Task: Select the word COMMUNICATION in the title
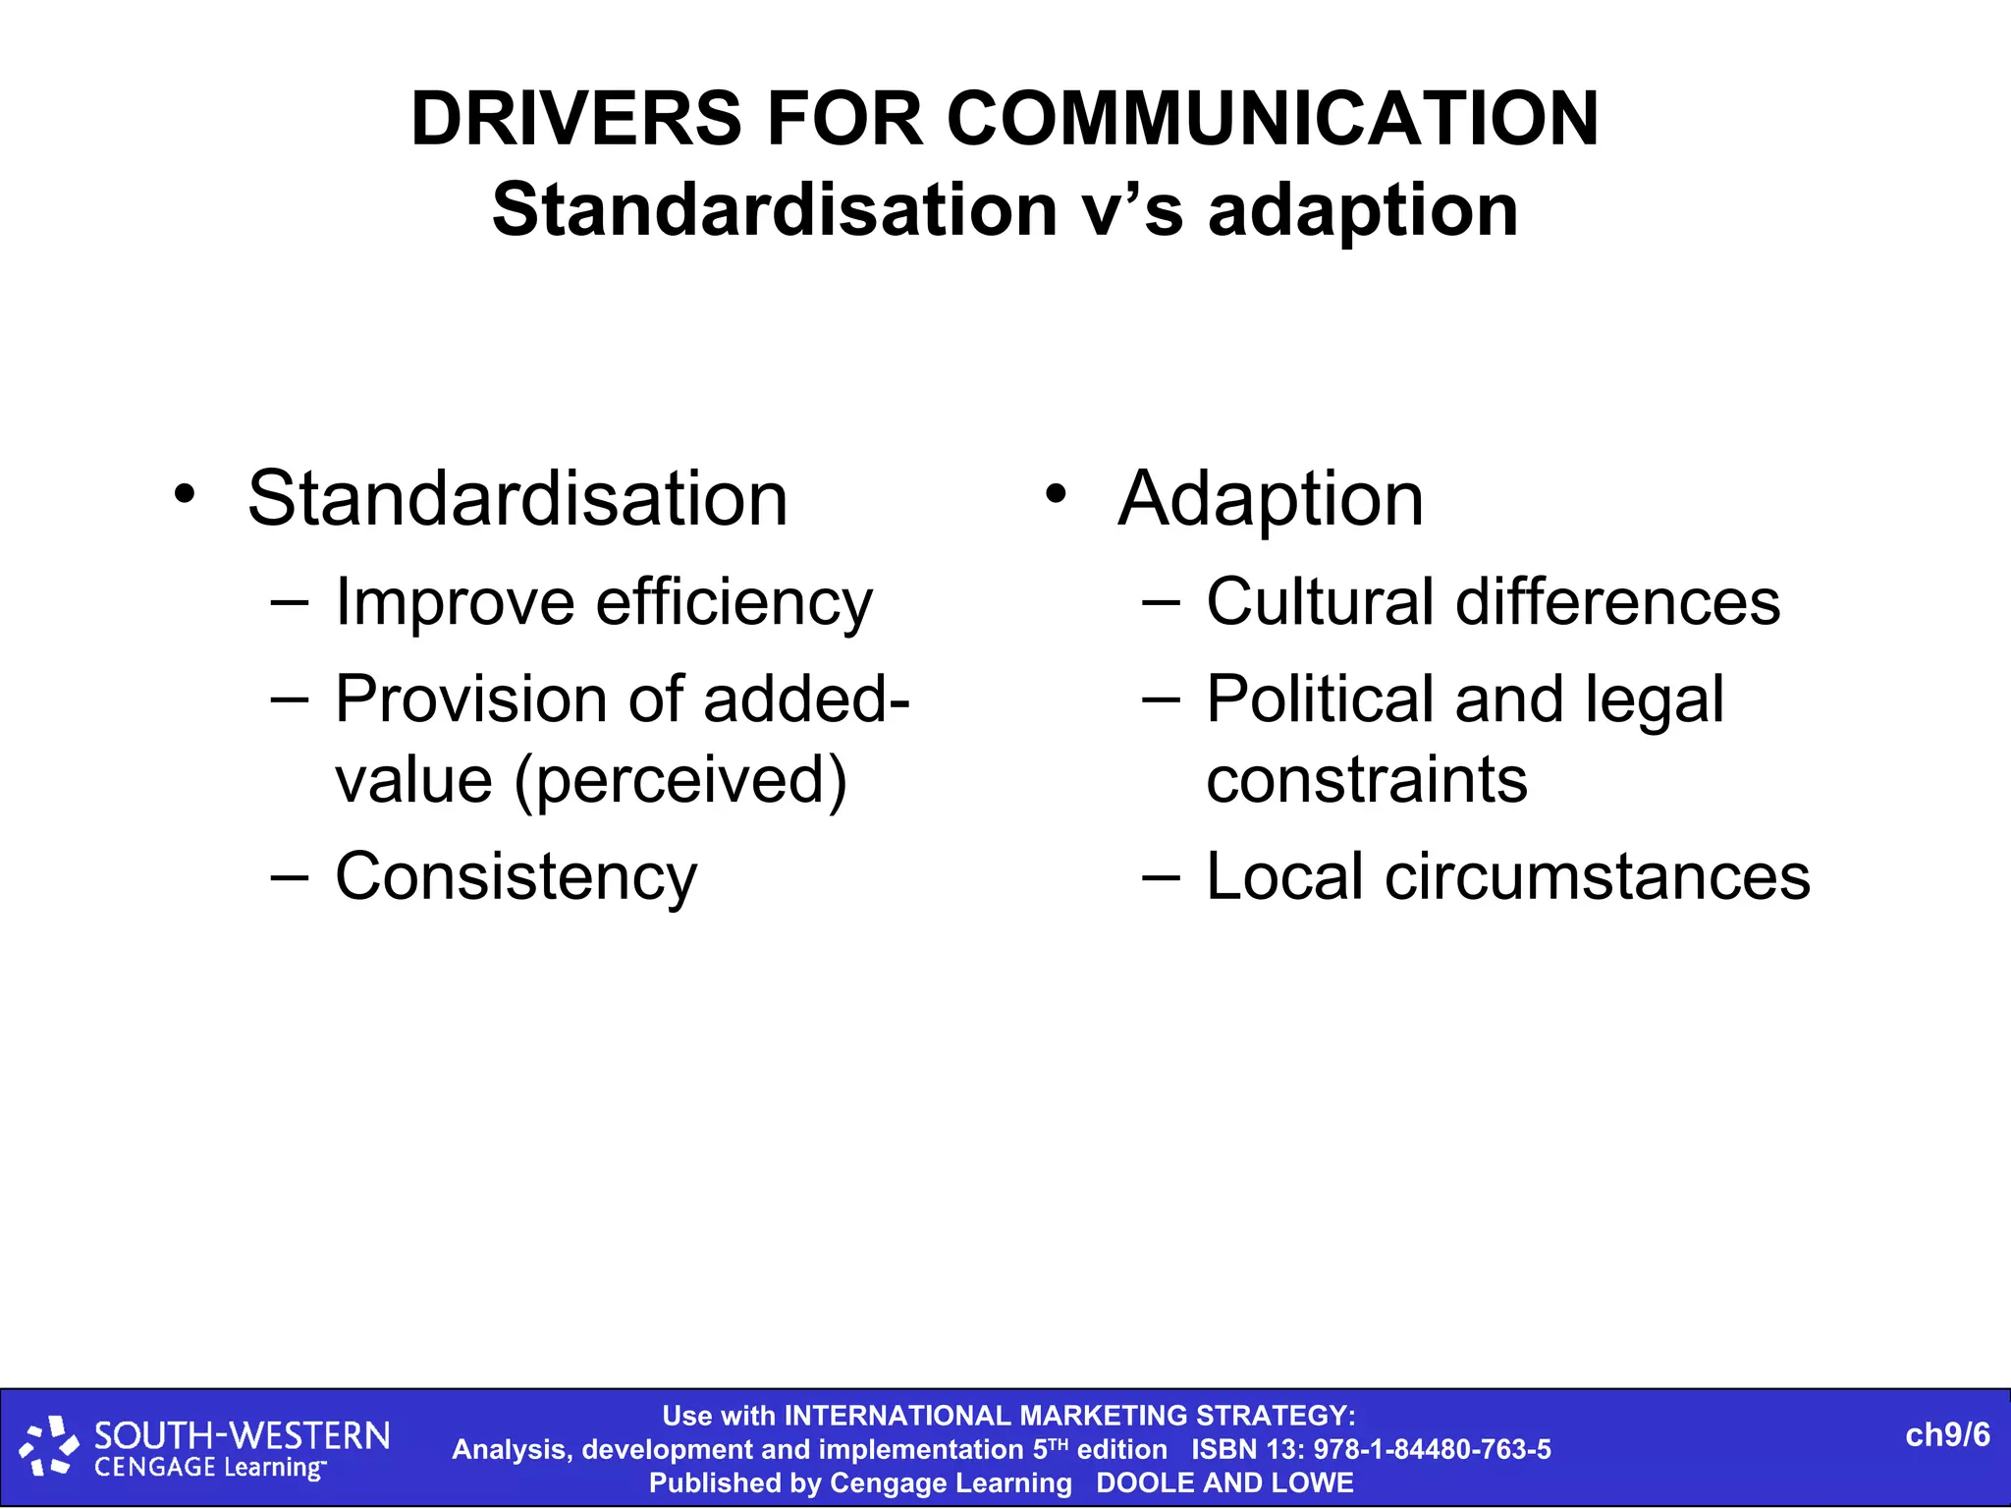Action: (1273, 119)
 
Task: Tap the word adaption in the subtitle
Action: (1362, 211)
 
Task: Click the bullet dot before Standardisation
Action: (185, 493)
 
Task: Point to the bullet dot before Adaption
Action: (1056, 493)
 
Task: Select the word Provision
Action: (470, 699)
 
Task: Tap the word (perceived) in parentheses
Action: (679, 781)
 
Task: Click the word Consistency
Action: (516, 876)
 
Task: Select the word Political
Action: (1319, 699)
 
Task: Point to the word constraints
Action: (1366, 780)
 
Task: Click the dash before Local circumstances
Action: (1161, 875)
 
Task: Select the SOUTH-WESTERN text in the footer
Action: (242, 1436)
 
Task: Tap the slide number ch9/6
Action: (1947, 1435)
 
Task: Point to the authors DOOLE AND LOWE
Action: (1224, 1482)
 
